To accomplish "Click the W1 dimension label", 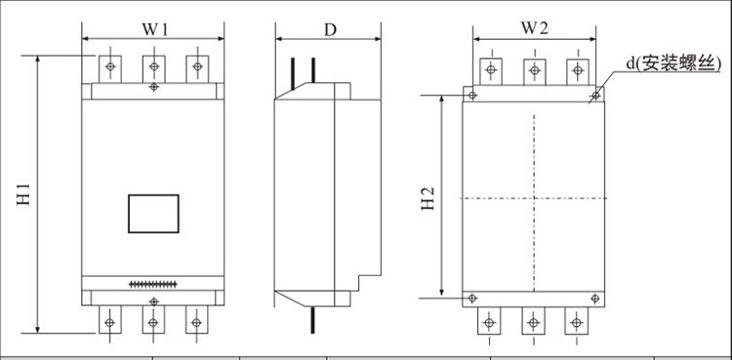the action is coord(155,30).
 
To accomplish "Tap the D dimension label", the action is coord(330,30).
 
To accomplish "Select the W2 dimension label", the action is coord(535,29).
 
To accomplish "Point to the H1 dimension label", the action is coord(23,194).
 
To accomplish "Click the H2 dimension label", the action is coord(428,199).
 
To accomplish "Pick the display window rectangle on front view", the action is coord(153,214).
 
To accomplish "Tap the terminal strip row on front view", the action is coord(153,284).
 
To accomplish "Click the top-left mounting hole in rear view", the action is coord(472,96).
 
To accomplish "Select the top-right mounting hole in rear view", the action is coord(594,97).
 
